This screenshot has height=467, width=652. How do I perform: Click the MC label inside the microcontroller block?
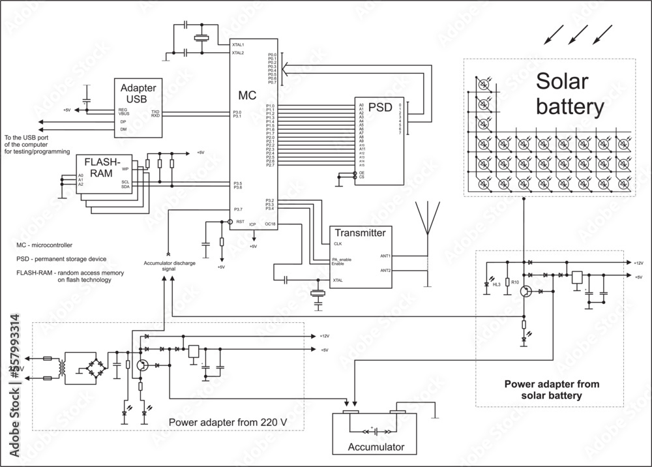tap(246, 95)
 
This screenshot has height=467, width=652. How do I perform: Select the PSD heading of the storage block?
tap(381, 106)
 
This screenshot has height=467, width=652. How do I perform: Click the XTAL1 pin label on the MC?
tap(238, 44)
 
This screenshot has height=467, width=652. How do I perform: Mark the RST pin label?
tap(240, 222)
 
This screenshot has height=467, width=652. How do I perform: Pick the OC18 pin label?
tap(271, 224)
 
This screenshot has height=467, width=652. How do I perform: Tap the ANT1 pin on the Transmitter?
tap(385, 256)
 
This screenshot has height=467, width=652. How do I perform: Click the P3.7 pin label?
tap(239, 209)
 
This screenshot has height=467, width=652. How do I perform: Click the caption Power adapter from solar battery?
tap(552, 390)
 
